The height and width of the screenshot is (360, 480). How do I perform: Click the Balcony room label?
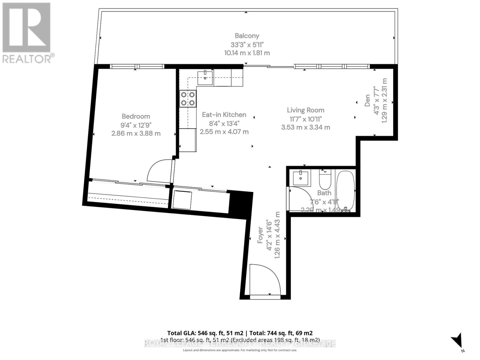(x=247, y=36)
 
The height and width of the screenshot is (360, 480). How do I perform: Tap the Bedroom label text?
(x=136, y=116)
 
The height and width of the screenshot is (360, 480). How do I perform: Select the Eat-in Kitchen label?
(x=224, y=115)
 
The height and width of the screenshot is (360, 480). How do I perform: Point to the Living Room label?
(x=305, y=110)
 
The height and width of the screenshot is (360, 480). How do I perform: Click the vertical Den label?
(x=367, y=101)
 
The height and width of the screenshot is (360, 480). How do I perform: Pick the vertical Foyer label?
(x=260, y=235)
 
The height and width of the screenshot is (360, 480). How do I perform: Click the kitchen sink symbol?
(x=205, y=78)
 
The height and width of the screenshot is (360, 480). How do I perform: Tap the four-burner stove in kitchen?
(x=188, y=99)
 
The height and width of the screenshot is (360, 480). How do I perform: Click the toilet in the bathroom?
(x=325, y=178)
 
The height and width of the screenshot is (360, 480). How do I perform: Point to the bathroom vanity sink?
(x=301, y=178)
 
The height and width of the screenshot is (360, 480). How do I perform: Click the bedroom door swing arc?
(x=158, y=172)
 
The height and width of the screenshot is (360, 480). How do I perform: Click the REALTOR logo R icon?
(x=26, y=28)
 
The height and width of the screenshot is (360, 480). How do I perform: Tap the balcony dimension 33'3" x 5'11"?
(x=247, y=45)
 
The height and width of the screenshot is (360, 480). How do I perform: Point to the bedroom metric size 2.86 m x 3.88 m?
(x=136, y=133)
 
